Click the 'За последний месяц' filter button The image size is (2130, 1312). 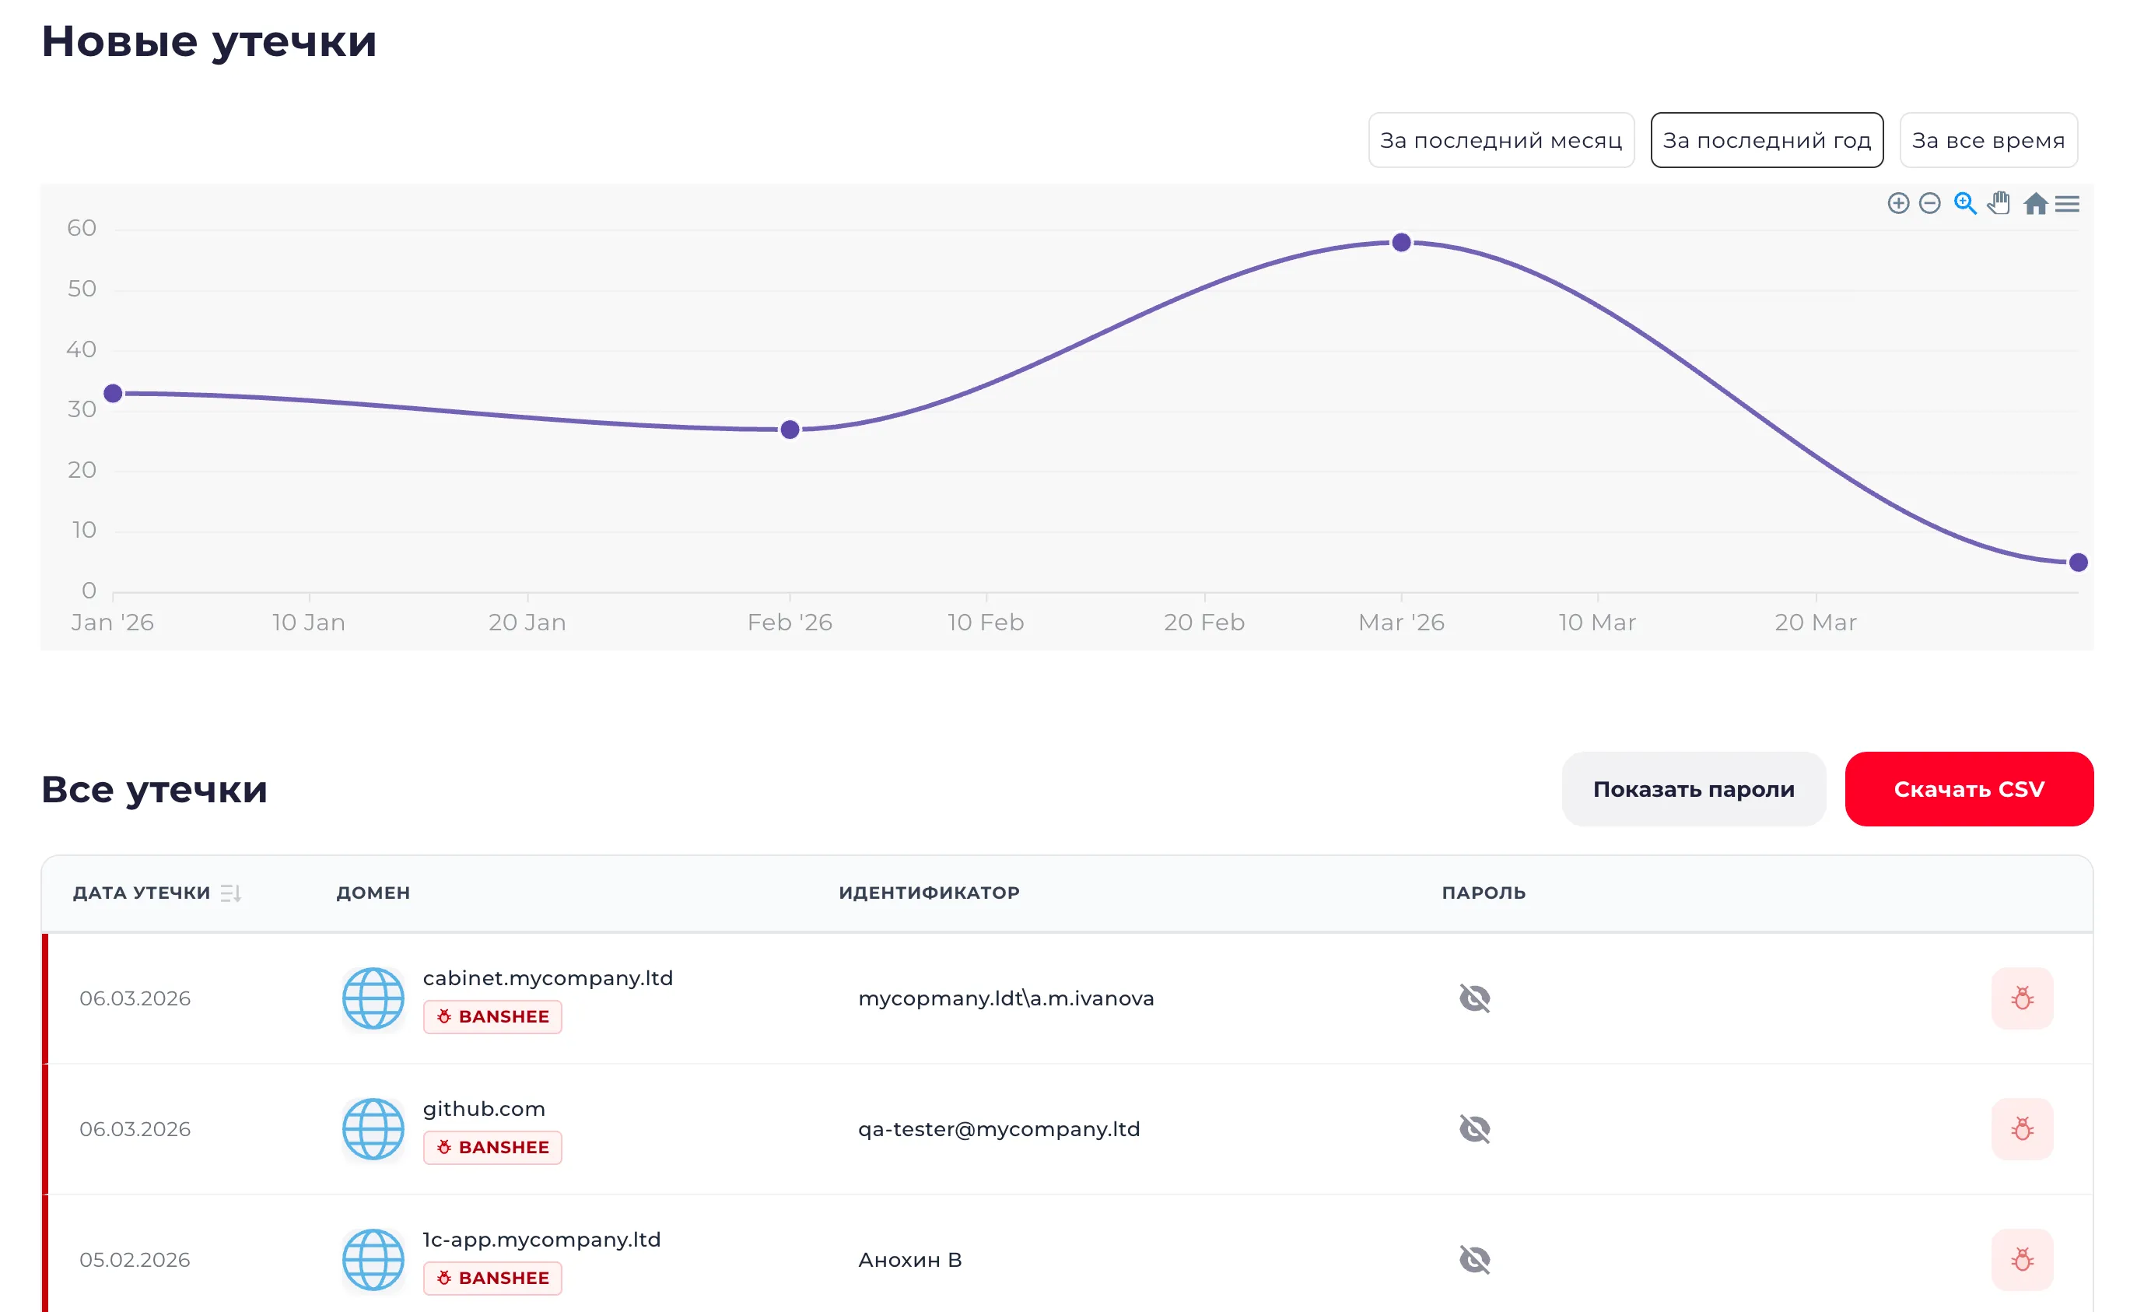tap(1501, 140)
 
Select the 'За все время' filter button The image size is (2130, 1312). tap(1987, 140)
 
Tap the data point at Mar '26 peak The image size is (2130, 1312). tap(1400, 243)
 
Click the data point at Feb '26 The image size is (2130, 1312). tap(789, 430)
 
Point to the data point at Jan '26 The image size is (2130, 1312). tap(113, 394)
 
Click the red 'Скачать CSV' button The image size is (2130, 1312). tap(1968, 789)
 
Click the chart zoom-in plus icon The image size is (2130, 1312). tap(1897, 203)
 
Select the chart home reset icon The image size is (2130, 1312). tap(2034, 204)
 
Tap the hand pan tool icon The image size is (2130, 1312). tap(1999, 203)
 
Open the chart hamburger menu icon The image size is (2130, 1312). tap(2067, 204)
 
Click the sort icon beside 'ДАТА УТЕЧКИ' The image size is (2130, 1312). tap(229, 893)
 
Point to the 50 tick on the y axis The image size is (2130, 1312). tap(82, 289)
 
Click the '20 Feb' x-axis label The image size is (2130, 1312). tap(1203, 623)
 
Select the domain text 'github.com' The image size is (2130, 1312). tap(484, 1109)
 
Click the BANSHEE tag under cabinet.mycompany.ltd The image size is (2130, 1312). tap(492, 1016)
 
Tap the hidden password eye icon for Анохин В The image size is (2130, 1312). tap(1474, 1259)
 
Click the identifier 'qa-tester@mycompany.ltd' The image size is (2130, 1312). tap(999, 1129)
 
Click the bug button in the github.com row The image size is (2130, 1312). tap(2022, 1129)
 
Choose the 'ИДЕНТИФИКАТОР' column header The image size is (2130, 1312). tap(929, 893)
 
